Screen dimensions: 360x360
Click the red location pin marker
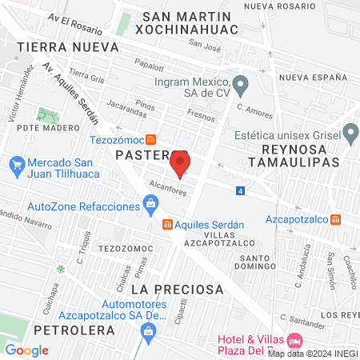(180, 165)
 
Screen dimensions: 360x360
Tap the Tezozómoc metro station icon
(141, 139)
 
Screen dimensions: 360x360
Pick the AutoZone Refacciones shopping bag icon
(150, 206)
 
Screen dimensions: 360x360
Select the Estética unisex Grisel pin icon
(350, 132)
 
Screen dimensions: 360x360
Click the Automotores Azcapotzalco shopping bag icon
(148, 330)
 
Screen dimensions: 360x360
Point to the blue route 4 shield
(240, 190)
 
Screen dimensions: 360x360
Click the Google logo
(26, 350)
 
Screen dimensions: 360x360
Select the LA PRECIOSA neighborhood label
(176, 288)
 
